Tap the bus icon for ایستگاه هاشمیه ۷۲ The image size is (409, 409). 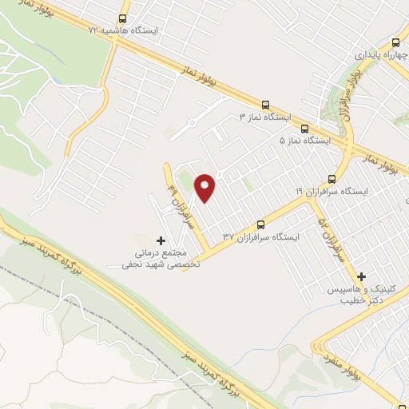(x=122, y=18)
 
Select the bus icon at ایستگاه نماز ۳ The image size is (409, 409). (x=265, y=105)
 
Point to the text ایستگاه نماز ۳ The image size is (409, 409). (x=266, y=117)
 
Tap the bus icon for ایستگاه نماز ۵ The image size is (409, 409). (x=304, y=128)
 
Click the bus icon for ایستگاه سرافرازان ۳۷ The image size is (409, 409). (x=260, y=224)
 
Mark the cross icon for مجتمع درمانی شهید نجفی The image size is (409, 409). (x=161, y=240)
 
